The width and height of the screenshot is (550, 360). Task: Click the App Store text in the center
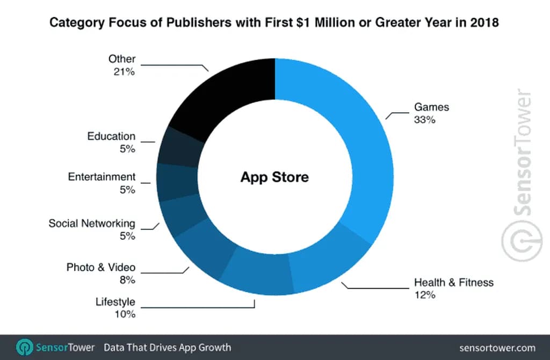274,177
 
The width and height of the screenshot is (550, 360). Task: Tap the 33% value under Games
424,120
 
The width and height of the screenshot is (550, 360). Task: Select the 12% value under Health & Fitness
424,294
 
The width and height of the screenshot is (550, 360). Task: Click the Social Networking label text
92,223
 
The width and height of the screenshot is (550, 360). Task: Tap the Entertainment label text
102,177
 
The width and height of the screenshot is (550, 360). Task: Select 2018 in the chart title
484,23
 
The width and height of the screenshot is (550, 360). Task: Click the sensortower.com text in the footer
498,347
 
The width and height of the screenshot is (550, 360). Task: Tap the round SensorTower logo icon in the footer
25,347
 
